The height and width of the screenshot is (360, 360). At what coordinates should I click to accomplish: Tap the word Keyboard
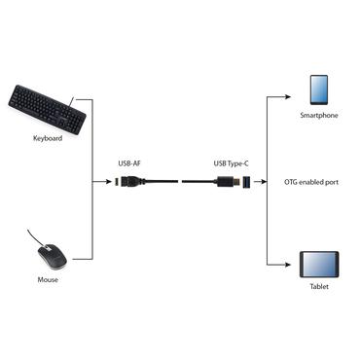tap(46, 139)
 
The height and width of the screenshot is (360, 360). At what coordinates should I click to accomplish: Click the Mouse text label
tap(48, 280)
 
